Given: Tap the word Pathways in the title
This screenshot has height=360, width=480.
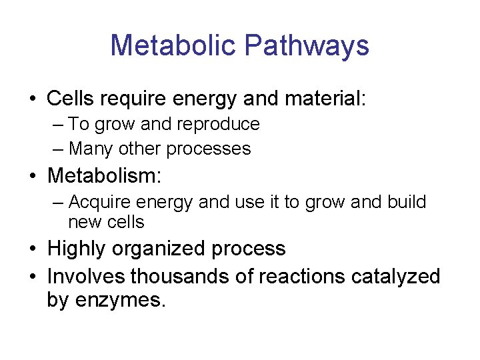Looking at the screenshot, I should click(307, 45).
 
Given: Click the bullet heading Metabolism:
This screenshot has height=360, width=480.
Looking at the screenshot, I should click(105, 176).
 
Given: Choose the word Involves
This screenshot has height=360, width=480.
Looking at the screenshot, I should click(87, 275).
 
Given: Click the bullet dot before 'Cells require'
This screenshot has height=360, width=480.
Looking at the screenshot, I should click(31, 100).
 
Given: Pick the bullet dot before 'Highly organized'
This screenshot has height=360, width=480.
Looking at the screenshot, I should click(31, 249).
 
